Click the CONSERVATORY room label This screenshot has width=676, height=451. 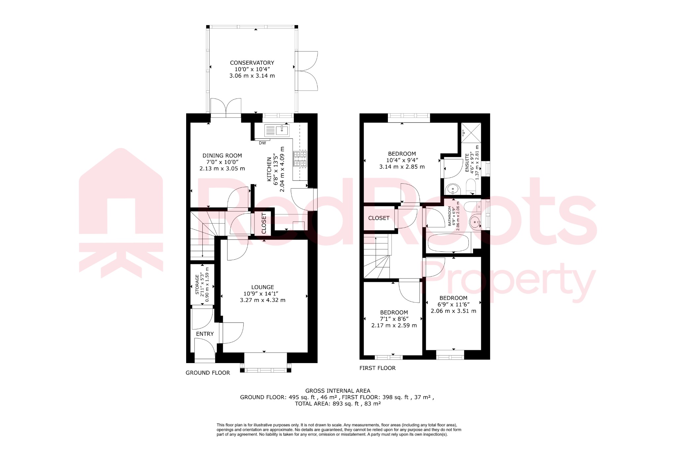tap(252, 63)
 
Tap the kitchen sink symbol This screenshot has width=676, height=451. tap(277, 131)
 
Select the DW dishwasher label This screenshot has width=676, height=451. tap(262, 143)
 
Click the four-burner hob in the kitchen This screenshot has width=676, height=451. tap(300, 159)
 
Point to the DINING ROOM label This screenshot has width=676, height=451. tap(222, 156)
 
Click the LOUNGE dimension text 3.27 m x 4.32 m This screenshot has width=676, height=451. tap(262, 300)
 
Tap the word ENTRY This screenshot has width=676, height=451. tap(205, 334)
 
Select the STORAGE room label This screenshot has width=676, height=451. tap(197, 285)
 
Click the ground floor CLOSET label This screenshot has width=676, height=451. tap(264, 223)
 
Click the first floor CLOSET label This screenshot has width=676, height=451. tap(379, 218)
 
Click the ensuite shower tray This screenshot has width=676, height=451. tap(471, 132)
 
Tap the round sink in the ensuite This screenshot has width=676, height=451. tap(453, 190)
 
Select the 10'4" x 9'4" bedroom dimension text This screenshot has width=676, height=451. tap(402, 160)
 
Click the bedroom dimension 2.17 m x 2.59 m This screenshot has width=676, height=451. tap(394, 325)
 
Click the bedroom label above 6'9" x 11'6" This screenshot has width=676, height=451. tap(453, 298)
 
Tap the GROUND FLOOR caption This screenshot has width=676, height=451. tap(208, 373)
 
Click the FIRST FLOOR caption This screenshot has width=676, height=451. tap(377, 368)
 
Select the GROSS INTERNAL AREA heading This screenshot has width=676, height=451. tap(338, 391)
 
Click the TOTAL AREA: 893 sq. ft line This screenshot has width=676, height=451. tap(338, 404)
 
